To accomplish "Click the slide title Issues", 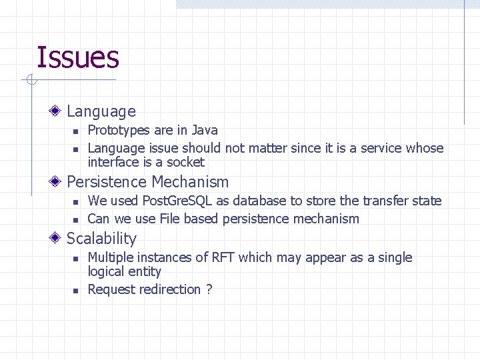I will [x=77, y=57].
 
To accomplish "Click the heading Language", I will [x=101, y=112].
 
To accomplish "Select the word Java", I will [x=205, y=130].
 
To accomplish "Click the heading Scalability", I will [x=101, y=239].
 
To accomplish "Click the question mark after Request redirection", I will [x=209, y=289].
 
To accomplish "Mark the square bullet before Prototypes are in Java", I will [x=75, y=131].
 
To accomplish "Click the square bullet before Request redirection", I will [x=75, y=291].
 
